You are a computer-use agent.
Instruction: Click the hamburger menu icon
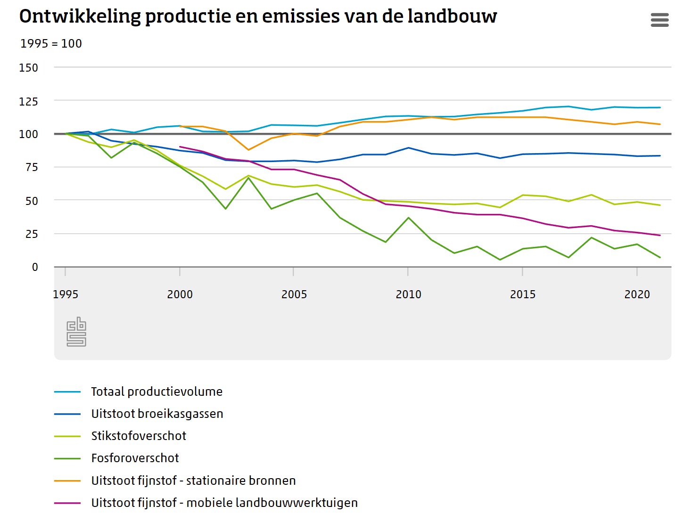(x=659, y=20)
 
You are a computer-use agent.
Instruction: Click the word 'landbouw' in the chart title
(x=452, y=16)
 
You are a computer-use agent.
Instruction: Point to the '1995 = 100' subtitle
(x=51, y=44)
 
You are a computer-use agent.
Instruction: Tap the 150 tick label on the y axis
(x=28, y=68)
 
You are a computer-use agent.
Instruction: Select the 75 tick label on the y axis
(x=31, y=167)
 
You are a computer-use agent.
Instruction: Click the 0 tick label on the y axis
(x=35, y=267)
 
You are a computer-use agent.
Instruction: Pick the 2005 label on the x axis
(x=294, y=294)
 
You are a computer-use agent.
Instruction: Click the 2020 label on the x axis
(x=637, y=294)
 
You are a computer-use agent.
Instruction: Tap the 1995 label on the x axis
(x=66, y=294)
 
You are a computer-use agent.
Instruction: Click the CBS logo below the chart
(x=76, y=332)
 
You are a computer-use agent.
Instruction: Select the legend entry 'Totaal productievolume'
(x=157, y=391)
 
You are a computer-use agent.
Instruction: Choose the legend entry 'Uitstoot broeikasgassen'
(x=157, y=414)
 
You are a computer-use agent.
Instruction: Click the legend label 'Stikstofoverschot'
(x=139, y=436)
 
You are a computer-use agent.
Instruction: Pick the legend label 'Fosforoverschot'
(x=135, y=458)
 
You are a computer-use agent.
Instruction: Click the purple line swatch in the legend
(x=67, y=503)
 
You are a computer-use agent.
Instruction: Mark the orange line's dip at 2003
(x=248, y=150)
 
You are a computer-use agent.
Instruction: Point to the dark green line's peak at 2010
(x=408, y=218)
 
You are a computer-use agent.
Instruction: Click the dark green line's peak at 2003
(x=248, y=178)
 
